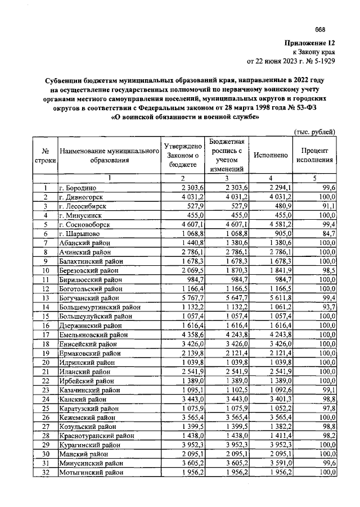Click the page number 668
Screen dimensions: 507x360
320,30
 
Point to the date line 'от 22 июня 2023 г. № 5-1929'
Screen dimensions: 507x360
291,61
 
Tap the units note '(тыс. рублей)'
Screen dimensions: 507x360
315,132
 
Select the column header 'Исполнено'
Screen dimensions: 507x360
271,155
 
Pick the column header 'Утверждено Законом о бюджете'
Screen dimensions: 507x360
182,155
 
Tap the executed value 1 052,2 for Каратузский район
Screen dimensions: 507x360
277,408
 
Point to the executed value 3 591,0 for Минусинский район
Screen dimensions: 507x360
277,463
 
